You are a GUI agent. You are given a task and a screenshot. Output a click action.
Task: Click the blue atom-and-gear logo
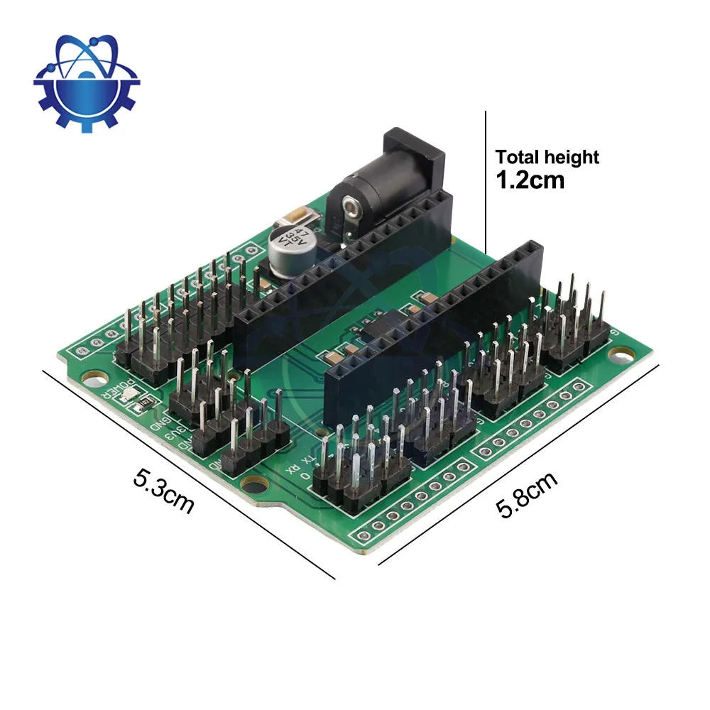click(x=87, y=84)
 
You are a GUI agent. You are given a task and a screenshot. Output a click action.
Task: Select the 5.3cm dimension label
click(x=164, y=490)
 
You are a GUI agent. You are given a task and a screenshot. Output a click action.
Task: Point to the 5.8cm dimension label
click(x=526, y=494)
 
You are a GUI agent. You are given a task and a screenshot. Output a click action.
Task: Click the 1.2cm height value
click(x=530, y=180)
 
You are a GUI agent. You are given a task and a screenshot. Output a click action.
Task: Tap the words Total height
click(x=547, y=157)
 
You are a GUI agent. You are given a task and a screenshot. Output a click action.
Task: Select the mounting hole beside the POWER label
click(x=91, y=377)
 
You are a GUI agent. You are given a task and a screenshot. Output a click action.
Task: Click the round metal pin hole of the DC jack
click(x=349, y=207)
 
